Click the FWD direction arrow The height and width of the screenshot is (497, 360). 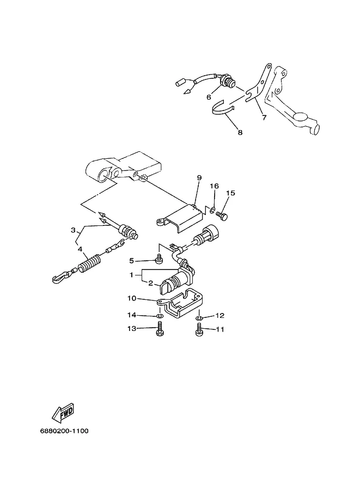click(63, 413)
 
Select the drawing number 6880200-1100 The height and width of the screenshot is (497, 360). click(64, 431)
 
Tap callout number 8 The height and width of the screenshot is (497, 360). click(240, 132)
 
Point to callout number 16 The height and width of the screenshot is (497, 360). click(215, 186)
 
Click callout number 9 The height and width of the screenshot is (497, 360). click(199, 177)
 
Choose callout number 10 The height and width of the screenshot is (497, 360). click(132, 298)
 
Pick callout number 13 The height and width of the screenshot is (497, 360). click(132, 329)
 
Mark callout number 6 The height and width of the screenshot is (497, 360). click(209, 97)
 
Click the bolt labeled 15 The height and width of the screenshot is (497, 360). click(222, 216)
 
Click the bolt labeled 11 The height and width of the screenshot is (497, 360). click(199, 329)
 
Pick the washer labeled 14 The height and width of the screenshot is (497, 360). click(160, 316)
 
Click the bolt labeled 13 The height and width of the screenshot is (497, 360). click(160, 329)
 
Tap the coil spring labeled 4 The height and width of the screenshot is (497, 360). click(90, 263)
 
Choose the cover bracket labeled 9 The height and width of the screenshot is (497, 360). click(181, 218)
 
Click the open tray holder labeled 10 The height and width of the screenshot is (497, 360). click(181, 304)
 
